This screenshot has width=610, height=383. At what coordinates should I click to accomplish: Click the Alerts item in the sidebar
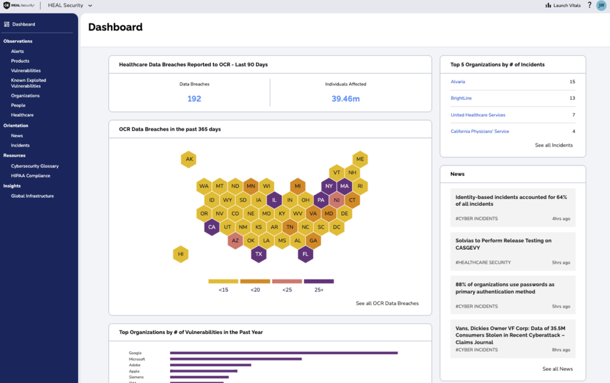click(17, 51)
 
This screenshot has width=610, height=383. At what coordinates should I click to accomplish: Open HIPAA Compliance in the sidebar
click(30, 176)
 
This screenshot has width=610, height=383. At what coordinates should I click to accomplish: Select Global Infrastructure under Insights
click(32, 196)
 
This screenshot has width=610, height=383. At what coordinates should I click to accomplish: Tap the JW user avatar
click(601, 5)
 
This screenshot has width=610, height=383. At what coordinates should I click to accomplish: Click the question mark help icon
click(589, 5)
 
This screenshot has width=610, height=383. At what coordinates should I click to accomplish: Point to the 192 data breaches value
click(194, 99)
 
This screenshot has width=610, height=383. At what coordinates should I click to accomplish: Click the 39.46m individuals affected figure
click(345, 99)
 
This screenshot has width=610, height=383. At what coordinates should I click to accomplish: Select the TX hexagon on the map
click(259, 254)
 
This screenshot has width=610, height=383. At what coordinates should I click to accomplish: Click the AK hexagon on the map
click(189, 159)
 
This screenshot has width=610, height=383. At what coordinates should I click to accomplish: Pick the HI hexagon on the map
click(181, 254)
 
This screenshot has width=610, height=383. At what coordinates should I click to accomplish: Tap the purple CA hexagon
click(212, 227)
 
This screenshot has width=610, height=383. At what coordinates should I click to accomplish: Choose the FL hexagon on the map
click(306, 254)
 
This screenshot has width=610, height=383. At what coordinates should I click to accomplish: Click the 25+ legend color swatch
click(318, 282)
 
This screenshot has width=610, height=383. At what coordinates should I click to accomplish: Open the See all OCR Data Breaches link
click(387, 304)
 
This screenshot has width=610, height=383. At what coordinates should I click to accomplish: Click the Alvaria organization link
click(457, 82)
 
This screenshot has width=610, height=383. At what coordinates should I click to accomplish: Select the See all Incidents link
click(553, 145)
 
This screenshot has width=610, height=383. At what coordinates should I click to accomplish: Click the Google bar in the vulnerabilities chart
click(284, 352)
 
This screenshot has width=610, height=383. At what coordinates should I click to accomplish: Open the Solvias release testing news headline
click(503, 244)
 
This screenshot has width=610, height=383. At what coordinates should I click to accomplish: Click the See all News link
click(557, 369)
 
